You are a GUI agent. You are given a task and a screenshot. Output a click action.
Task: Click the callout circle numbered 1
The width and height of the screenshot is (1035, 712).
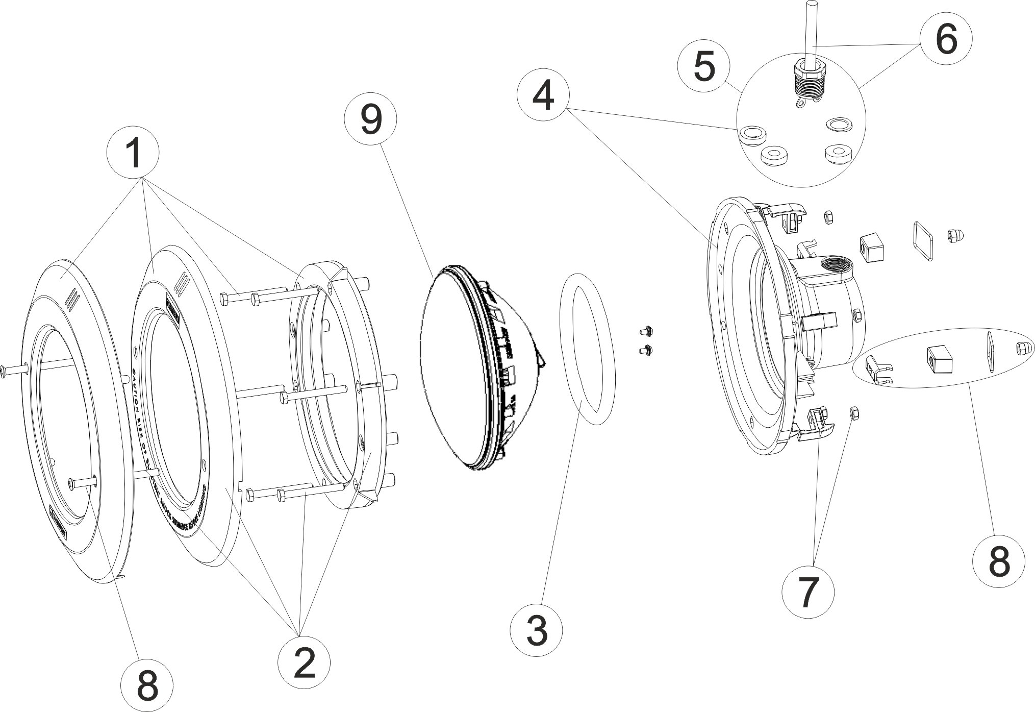pyautogui.click(x=134, y=153)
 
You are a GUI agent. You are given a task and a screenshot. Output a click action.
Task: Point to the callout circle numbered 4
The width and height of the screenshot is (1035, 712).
pyautogui.click(x=542, y=96)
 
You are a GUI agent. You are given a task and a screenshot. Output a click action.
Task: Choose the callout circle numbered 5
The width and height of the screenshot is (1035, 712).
pyautogui.click(x=704, y=66)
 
